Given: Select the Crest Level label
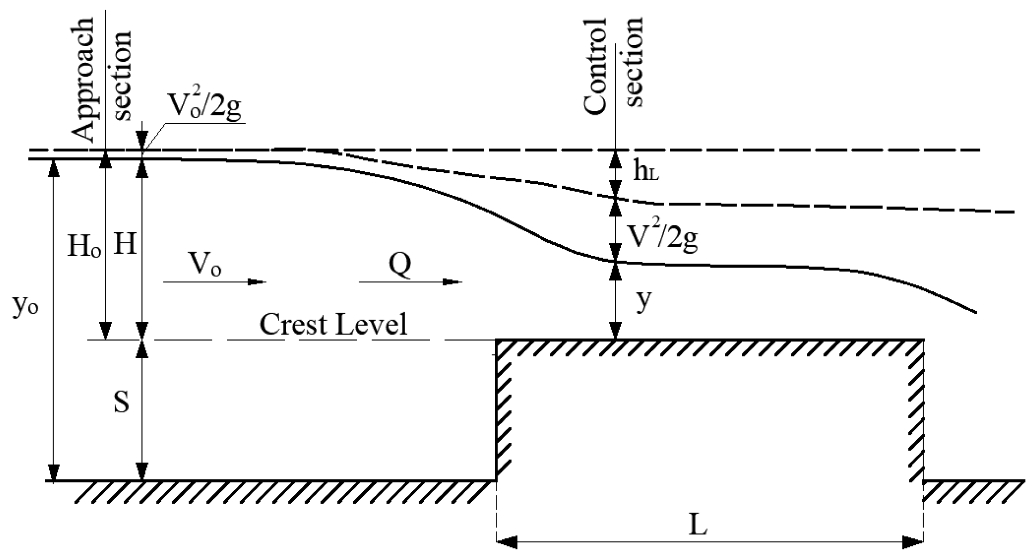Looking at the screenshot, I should (x=333, y=324).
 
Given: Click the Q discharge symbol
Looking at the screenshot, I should (x=399, y=265).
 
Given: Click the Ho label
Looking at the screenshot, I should (x=84, y=247).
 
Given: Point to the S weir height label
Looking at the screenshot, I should (x=121, y=403).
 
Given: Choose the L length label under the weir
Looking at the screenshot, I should (x=698, y=526).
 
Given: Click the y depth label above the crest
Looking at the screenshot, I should (x=643, y=302).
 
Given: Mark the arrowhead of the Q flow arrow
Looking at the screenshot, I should (x=452, y=282).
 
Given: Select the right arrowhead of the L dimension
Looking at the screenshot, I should (x=913, y=542).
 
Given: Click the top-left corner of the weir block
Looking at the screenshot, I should (x=497, y=341).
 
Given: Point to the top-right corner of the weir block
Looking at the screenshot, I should (x=923, y=341).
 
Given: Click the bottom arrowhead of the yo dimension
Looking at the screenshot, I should (x=54, y=473).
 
